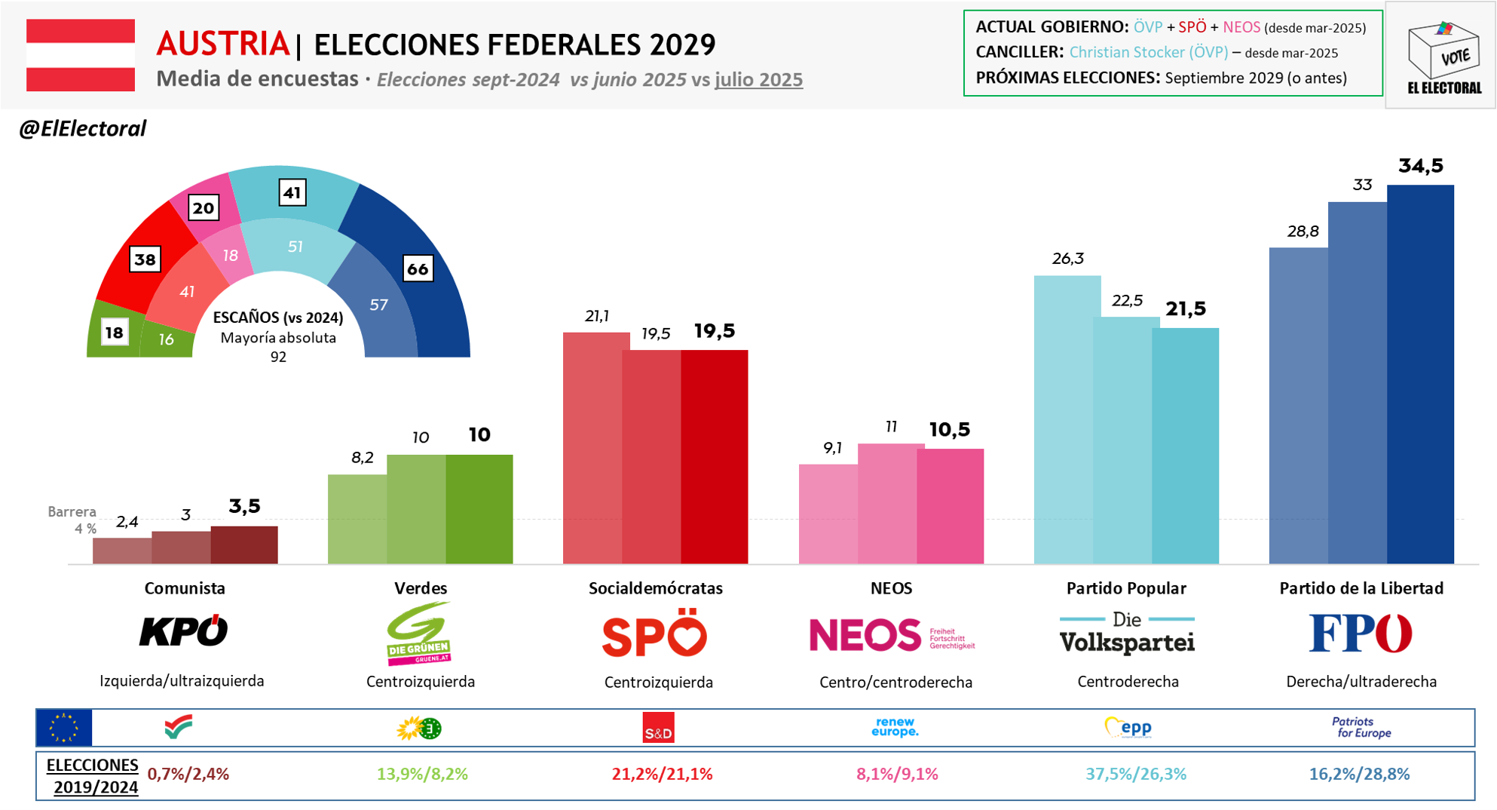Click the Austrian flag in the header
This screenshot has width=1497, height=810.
pyautogui.click(x=81, y=55)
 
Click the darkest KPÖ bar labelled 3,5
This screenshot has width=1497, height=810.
pyautogui.click(x=244, y=545)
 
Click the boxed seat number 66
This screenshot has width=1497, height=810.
pyautogui.click(x=418, y=268)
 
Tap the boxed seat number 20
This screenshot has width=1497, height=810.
pyautogui.click(x=203, y=208)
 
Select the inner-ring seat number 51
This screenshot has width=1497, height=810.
pyautogui.click(x=295, y=247)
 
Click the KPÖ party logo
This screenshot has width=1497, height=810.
pyautogui.click(x=184, y=631)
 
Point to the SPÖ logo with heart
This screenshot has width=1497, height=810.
pyautogui.click(x=654, y=634)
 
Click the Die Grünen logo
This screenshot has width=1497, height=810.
pyautogui.click(x=419, y=634)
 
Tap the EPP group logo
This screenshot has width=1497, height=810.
pyautogui.click(x=1128, y=728)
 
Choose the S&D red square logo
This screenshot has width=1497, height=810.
pyautogui.click(x=658, y=729)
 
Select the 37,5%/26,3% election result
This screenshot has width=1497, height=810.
pyautogui.click(x=1135, y=774)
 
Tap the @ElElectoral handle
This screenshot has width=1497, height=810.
pyautogui.click(x=82, y=129)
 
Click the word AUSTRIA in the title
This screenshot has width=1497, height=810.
pyautogui.click(x=222, y=44)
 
